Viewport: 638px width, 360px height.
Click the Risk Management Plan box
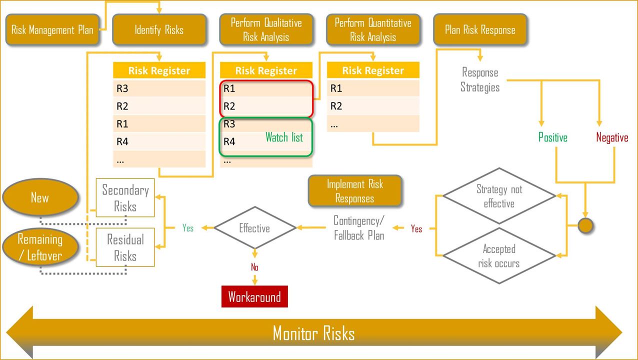tap(52, 30)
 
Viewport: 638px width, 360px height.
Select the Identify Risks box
tap(159, 30)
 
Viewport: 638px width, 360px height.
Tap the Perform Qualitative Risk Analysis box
tap(266, 30)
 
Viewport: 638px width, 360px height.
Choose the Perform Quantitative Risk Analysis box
tap(373, 30)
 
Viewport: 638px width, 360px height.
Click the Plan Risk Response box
tap(480, 30)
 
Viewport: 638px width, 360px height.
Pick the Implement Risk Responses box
tap(355, 191)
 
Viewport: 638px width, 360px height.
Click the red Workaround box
tap(254, 297)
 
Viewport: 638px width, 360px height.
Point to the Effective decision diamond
tap(254, 228)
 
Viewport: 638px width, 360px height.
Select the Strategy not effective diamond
tap(499, 196)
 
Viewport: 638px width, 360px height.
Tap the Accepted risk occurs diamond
tap(499, 256)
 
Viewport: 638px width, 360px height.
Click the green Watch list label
tap(284, 137)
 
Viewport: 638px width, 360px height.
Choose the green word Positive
tap(552, 137)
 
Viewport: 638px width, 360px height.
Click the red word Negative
tap(612, 137)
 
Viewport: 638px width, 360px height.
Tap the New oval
tap(40, 197)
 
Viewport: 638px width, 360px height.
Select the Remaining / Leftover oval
tap(40, 247)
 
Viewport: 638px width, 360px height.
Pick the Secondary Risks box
tap(125, 198)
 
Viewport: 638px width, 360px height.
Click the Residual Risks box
tap(125, 247)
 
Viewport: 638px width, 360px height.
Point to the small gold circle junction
tap(585, 226)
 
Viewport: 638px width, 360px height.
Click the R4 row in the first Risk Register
tap(159, 141)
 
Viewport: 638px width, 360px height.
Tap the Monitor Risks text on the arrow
tap(314, 333)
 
